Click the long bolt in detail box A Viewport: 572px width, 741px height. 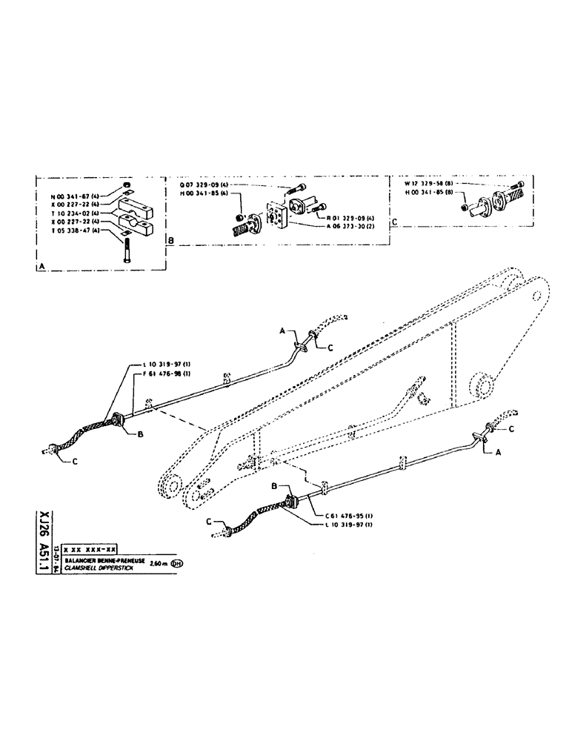pyautogui.click(x=129, y=248)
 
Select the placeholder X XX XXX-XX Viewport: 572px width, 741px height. pyautogui.click(x=90, y=549)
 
